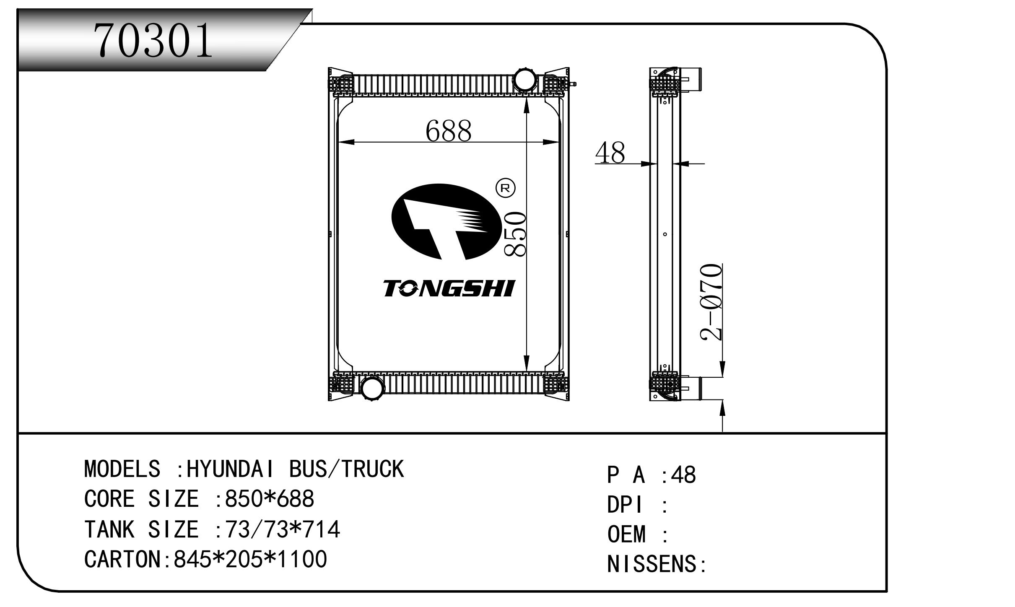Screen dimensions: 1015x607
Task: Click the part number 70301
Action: [x=153, y=40]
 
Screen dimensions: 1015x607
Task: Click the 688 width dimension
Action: [x=448, y=130]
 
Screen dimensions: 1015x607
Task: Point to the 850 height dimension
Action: [x=514, y=234]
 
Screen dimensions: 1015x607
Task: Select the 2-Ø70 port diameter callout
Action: [x=711, y=302]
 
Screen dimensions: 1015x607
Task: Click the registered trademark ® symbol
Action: [x=505, y=188]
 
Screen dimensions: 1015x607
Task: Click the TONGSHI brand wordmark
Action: [x=449, y=288]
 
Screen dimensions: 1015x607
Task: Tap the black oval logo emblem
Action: [x=447, y=222]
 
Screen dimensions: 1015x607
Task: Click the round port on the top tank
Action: [x=525, y=80]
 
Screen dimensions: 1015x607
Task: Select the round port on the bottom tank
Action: [x=372, y=388]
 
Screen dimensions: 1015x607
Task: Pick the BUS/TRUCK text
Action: [x=346, y=469]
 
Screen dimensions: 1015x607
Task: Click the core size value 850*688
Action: [x=270, y=499]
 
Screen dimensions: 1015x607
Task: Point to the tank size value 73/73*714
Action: [x=283, y=529]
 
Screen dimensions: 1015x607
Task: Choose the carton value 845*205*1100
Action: [x=250, y=559]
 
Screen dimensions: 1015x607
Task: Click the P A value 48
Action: [x=683, y=475]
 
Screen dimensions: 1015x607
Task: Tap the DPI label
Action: [x=624, y=505]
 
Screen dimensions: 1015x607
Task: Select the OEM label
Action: [x=627, y=534]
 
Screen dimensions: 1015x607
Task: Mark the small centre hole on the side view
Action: [x=665, y=234]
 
